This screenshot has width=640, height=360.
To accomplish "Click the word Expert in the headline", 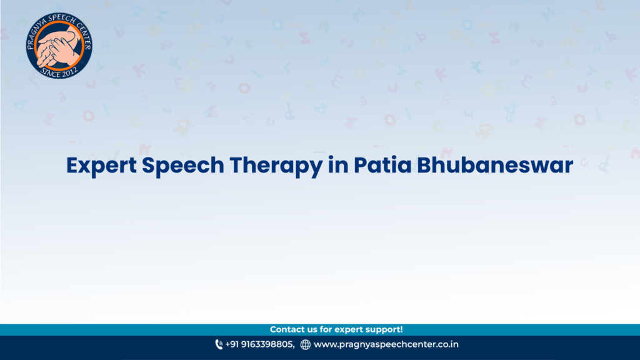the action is (x=102, y=166).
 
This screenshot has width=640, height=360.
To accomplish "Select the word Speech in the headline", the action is (x=183, y=166).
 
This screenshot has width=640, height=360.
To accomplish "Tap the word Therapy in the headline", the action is (x=276, y=166).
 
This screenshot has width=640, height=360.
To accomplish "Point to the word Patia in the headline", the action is (x=382, y=165).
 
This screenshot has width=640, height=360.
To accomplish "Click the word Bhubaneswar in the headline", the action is (x=495, y=165).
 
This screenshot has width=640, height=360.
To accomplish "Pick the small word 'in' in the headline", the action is (x=338, y=165).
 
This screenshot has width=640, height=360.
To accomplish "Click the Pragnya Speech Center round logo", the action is (x=59, y=45).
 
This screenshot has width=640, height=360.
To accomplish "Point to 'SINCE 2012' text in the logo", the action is (x=59, y=72).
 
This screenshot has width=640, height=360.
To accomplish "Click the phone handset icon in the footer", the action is (x=219, y=344).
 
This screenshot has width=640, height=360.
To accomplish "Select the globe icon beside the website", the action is (x=305, y=345).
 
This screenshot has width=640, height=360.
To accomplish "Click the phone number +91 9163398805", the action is (x=259, y=344).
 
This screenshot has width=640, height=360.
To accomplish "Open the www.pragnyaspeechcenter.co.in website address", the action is (x=386, y=344).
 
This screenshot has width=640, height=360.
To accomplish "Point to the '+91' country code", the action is (x=232, y=344).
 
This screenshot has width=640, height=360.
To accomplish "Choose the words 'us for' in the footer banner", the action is (x=320, y=329).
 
